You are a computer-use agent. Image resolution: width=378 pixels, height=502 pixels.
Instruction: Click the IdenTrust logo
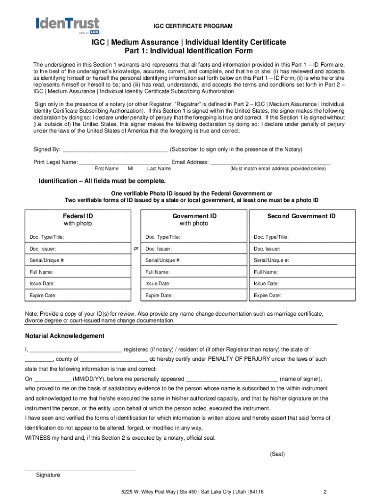(x=67, y=25)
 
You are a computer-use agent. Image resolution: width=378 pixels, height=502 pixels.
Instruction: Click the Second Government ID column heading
(x=301, y=216)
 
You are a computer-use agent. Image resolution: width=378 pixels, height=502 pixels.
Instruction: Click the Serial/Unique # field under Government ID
(x=193, y=260)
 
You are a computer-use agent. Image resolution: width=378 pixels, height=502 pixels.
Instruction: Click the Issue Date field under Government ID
(x=193, y=284)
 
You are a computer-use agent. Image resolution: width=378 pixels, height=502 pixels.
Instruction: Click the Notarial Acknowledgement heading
(x=64, y=336)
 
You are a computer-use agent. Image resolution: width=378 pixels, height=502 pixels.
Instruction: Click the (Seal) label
(x=277, y=454)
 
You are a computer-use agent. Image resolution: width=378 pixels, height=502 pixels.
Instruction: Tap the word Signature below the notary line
(x=48, y=475)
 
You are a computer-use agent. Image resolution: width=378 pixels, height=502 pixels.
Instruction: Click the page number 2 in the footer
(x=325, y=492)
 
